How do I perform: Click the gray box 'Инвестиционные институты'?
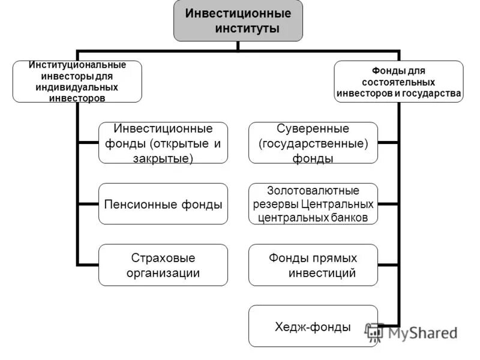pyautogui.click(x=238, y=20)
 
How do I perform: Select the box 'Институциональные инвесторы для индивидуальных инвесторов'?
pyautogui.click(x=77, y=81)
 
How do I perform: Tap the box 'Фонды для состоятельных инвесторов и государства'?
pyautogui.click(x=398, y=81)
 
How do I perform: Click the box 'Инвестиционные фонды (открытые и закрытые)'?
pyautogui.click(x=163, y=143)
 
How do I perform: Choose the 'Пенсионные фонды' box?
pyautogui.click(x=163, y=204)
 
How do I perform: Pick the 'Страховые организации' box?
pyautogui.click(x=163, y=265)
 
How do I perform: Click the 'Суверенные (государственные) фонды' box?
pyautogui.click(x=313, y=143)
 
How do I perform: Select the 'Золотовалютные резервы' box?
pyautogui.click(x=313, y=204)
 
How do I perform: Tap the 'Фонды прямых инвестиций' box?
pyautogui.click(x=313, y=265)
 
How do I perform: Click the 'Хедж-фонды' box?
pyautogui.click(x=313, y=326)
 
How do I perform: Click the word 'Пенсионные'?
pyautogui.click(x=140, y=205)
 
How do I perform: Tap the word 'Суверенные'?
pyautogui.click(x=313, y=129)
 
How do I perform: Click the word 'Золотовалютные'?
pyautogui.click(x=313, y=191)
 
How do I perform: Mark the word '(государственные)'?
pyautogui.click(x=313, y=143)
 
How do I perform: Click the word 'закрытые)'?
pyautogui.click(x=163, y=158)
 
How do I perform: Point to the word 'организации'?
pyautogui.click(x=163, y=273)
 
